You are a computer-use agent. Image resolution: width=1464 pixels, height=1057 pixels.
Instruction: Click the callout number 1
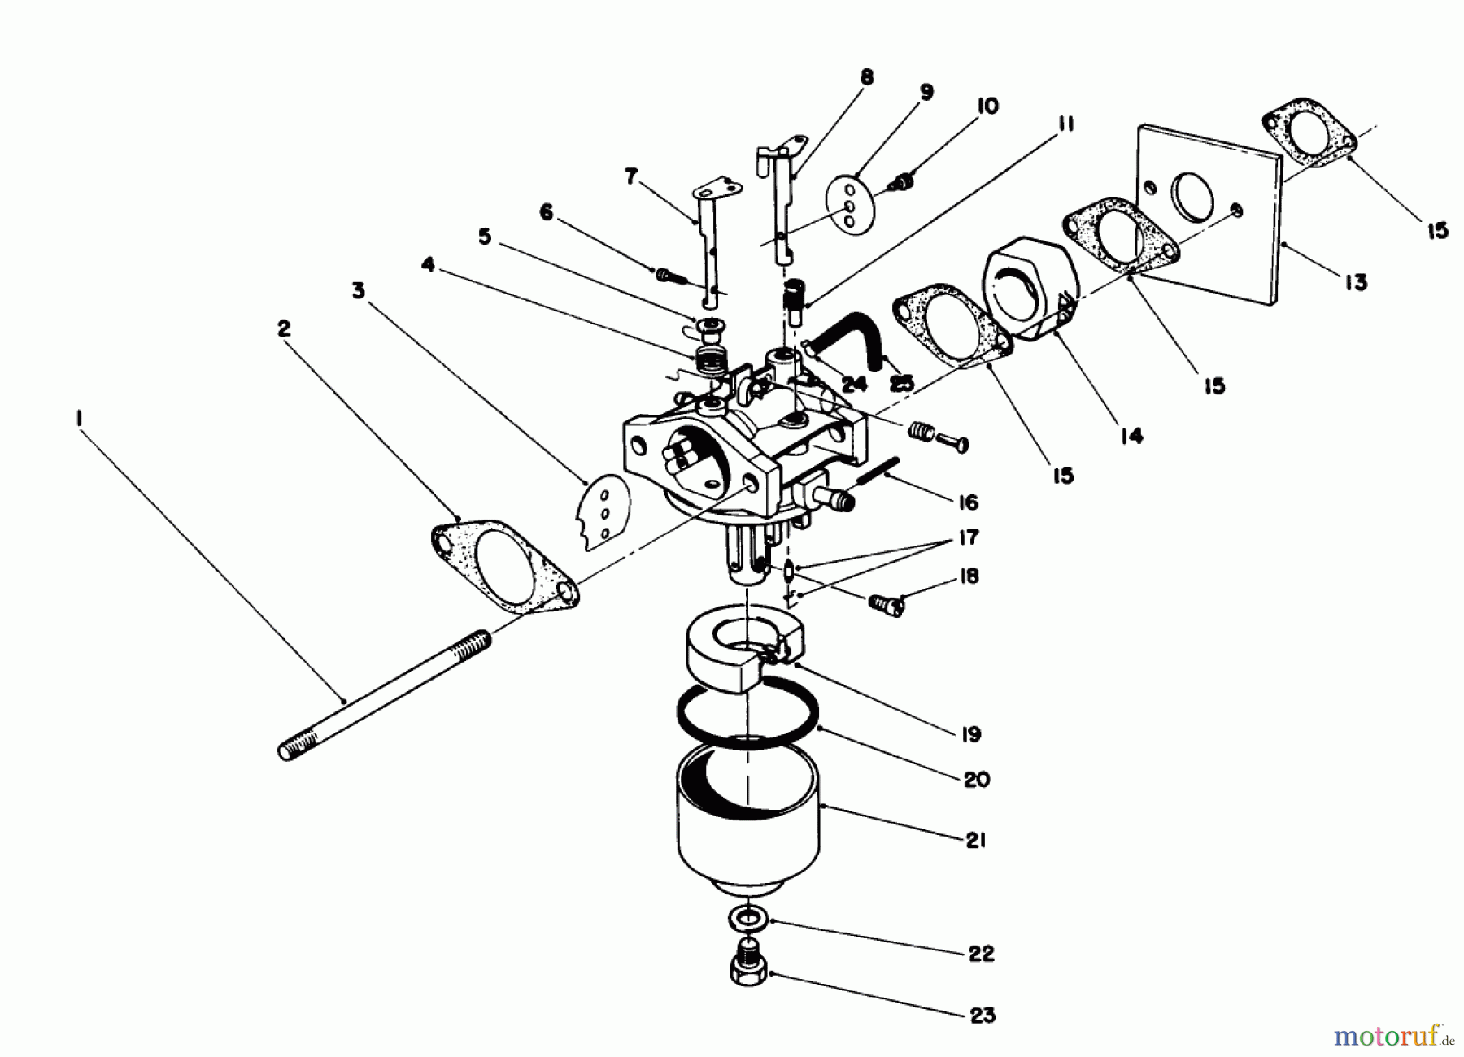click(x=79, y=417)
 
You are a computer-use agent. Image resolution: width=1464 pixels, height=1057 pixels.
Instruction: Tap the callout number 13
click(x=1355, y=283)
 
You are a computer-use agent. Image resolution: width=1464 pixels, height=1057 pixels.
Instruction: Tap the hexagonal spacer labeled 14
click(x=1029, y=289)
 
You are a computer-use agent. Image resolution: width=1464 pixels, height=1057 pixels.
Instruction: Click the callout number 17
click(x=968, y=537)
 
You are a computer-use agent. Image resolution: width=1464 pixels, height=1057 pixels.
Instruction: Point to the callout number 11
click(x=1065, y=124)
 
